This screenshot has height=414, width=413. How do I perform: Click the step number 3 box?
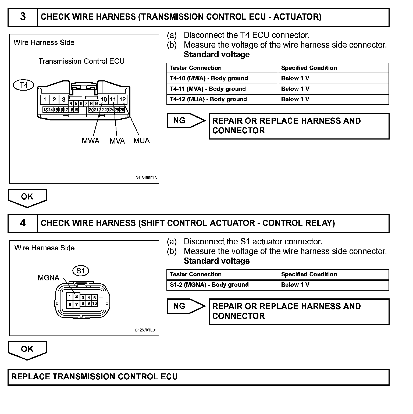point(23,17)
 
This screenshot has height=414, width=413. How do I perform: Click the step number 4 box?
point(23,223)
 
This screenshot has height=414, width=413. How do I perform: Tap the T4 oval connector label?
point(24,85)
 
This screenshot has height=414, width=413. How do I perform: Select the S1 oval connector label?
point(81,271)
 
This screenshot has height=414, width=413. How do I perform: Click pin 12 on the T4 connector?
point(123,99)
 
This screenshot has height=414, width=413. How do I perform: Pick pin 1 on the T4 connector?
point(45,99)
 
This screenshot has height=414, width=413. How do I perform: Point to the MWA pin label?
point(91,141)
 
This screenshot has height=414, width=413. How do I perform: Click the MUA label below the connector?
point(141,140)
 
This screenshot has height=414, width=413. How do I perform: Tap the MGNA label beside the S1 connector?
point(48,278)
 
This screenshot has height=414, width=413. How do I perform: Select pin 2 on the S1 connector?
point(76,297)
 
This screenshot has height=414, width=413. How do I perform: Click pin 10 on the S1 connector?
point(94,303)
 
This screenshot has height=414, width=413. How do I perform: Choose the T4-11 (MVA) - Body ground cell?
point(208,89)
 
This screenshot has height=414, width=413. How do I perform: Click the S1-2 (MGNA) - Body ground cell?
point(209,285)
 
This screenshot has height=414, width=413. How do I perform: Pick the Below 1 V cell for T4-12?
point(295,99)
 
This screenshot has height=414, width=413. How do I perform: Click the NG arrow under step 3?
point(186,120)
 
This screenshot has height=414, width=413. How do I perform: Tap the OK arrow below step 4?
point(27,350)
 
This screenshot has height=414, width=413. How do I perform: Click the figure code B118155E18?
point(146,178)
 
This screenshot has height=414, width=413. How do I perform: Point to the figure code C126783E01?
point(145,330)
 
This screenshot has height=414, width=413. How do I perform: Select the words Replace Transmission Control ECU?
point(94,377)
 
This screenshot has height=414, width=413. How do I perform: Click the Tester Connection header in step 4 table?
point(196,274)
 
